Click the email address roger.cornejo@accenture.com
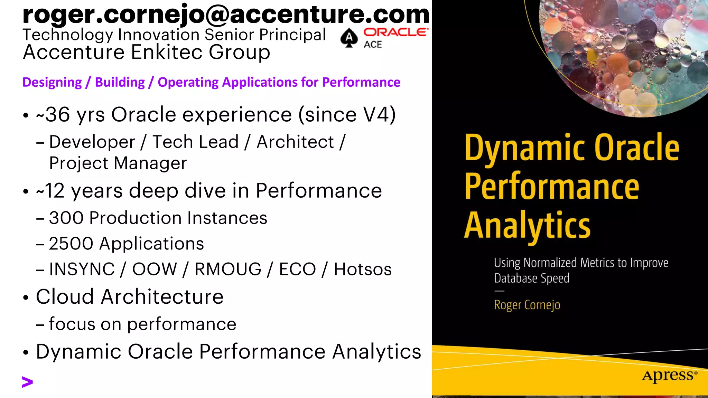pyautogui.click(x=225, y=15)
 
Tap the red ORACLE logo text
pyautogui.click(x=395, y=32)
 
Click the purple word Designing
pyautogui.click(x=52, y=82)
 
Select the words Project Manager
pyautogui.click(x=118, y=163)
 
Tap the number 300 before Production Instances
pyautogui.click(x=66, y=218)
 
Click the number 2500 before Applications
pyautogui.click(x=71, y=244)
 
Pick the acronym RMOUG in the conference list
pyautogui.click(x=228, y=269)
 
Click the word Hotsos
pyautogui.click(x=363, y=269)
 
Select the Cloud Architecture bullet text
pyautogui.click(x=130, y=297)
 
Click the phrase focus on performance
pyautogui.click(x=142, y=324)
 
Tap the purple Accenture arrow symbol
pyautogui.click(x=27, y=382)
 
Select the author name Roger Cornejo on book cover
pyautogui.click(x=527, y=305)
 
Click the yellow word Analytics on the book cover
pyautogui.click(x=527, y=225)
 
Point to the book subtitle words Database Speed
pyautogui.click(x=531, y=278)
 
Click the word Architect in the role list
pyautogui.click(x=295, y=142)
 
